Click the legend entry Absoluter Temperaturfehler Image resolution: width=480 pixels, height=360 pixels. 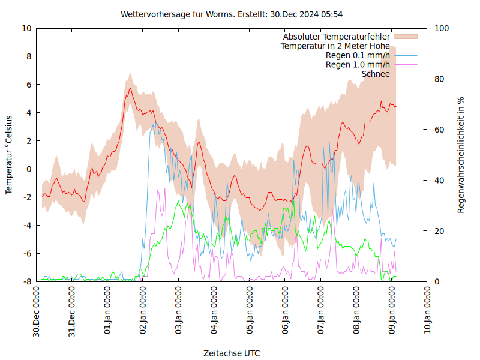pyautogui.click(x=336, y=37)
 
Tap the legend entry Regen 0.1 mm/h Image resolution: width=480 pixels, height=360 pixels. pyautogui.click(x=358, y=55)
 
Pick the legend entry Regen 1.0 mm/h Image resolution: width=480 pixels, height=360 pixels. pyautogui.click(x=358, y=65)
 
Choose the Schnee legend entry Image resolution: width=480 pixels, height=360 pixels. pyautogui.click(x=376, y=74)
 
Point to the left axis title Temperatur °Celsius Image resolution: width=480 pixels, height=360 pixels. pyautogui.click(x=9, y=155)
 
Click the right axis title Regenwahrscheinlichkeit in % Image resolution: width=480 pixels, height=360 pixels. pyautogui.click(x=461, y=155)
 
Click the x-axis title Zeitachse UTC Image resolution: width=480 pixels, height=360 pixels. pyautogui.click(x=232, y=353)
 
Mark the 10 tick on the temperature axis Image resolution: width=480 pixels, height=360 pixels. pyautogui.click(x=27, y=28)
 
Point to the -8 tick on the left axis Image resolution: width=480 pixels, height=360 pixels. pyautogui.click(x=27, y=281)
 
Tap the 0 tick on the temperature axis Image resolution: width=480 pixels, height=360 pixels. pyautogui.click(x=29, y=169)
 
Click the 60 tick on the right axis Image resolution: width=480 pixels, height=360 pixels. pyautogui.click(x=439, y=130)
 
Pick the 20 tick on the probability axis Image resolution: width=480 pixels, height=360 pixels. pyautogui.click(x=439, y=231)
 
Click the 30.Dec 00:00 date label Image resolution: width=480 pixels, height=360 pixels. pyautogui.click(x=36, y=312)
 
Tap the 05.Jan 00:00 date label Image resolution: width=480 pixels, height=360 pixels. pyautogui.click(x=250, y=312)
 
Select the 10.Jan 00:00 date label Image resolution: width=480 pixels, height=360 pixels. pyautogui.click(x=428, y=312)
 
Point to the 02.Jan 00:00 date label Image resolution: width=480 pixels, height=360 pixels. pyautogui.click(x=143, y=312)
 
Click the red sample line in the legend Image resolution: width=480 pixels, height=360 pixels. pyautogui.click(x=406, y=46)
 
